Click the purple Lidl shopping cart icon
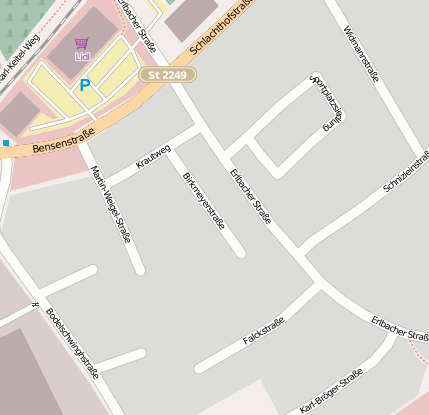[81, 44]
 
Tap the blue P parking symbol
[85, 86]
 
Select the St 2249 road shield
[167, 75]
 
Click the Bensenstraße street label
[63, 140]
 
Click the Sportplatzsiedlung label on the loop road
[327, 103]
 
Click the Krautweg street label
[153, 158]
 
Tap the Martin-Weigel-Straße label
[111, 203]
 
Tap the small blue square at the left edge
[5, 144]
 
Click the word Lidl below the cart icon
[81, 57]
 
